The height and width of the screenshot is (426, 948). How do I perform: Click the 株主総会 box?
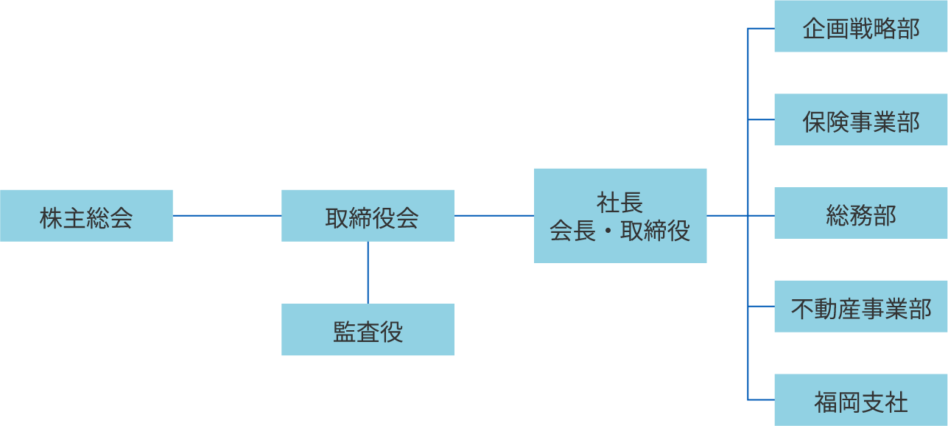pos(86,215)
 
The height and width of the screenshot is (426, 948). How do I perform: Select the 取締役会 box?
pos(368,215)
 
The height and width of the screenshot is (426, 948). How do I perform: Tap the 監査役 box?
pos(368,329)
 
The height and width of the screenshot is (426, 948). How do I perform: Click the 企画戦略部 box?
pos(860,27)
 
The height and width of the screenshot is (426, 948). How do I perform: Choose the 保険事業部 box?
pos(860,120)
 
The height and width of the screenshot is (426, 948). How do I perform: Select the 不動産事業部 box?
pos(860,307)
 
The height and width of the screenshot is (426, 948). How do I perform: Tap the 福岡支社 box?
pos(860,400)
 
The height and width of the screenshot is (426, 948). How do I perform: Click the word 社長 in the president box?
pos(620,201)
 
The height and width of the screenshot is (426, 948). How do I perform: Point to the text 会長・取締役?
pos(620,231)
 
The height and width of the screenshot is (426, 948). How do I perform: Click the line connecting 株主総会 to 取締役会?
pos(227,215)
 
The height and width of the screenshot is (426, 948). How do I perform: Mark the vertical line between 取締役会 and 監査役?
pos(368,273)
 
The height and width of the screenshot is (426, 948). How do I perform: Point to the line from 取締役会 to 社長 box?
pos(494,215)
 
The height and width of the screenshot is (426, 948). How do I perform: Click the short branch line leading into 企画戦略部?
pos(762,29)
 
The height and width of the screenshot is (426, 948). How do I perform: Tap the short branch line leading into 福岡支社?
pos(762,399)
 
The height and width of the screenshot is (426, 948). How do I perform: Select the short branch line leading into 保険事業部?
pos(762,119)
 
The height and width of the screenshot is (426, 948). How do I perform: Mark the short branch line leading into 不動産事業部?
pos(762,306)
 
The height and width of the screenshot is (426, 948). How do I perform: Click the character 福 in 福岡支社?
pos(826,402)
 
